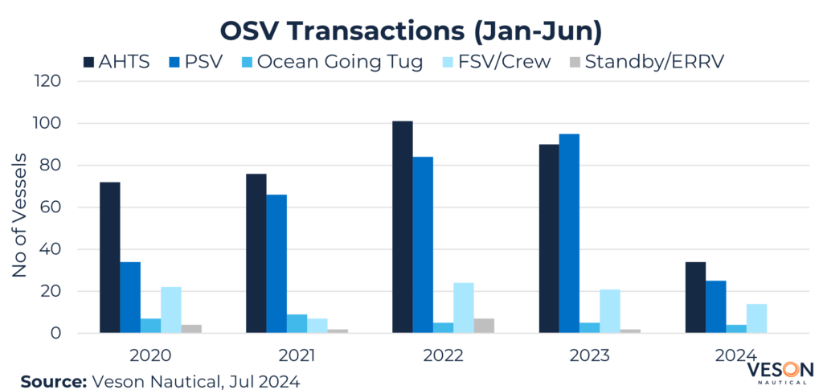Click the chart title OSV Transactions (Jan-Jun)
pos(411,31)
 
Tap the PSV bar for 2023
pos(569,233)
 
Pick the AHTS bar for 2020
pos(109,257)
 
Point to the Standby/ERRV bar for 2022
pos(484,326)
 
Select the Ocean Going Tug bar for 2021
pos(297,323)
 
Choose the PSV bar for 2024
pos(715,306)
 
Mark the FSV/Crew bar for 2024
pos(756,318)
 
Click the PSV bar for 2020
pos(130,298)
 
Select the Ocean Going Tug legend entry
pos(330,62)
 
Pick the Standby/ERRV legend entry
pos(643,62)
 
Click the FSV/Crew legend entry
pos(502,62)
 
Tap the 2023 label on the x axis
pos(589,355)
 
